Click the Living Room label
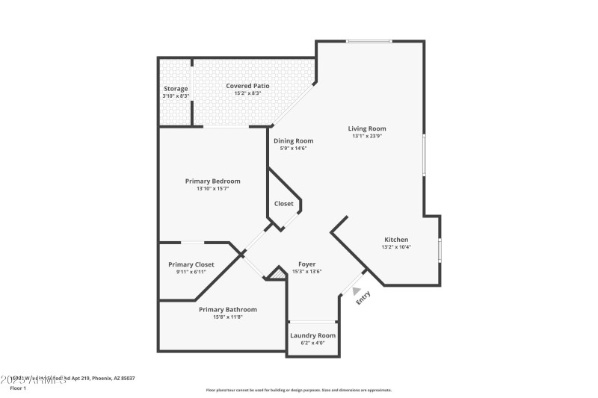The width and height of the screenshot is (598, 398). click(x=367, y=128)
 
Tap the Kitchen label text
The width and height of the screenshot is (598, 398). click(x=396, y=239)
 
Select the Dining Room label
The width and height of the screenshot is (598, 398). click(x=293, y=140)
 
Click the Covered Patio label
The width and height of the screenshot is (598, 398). click(x=247, y=86)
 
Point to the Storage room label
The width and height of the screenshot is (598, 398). click(x=176, y=89)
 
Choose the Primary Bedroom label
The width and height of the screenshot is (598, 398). click(x=213, y=181)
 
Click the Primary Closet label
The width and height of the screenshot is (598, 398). click(x=191, y=264)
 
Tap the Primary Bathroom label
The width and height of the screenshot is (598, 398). click(x=228, y=309)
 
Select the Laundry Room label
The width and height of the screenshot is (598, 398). click(x=312, y=335)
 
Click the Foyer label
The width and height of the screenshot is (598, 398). click(x=306, y=264)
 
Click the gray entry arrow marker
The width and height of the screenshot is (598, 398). click(x=357, y=292)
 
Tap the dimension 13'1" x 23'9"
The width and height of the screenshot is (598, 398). click(x=367, y=136)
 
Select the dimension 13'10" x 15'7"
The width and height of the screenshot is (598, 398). click(x=213, y=188)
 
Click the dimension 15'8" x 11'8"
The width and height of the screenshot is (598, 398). click(x=228, y=317)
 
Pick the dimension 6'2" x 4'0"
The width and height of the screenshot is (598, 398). click(x=312, y=343)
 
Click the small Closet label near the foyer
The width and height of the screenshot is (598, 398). click(x=284, y=203)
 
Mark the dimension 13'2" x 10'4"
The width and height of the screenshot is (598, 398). click(x=396, y=246)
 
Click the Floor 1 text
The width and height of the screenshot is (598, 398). click(x=18, y=388)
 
